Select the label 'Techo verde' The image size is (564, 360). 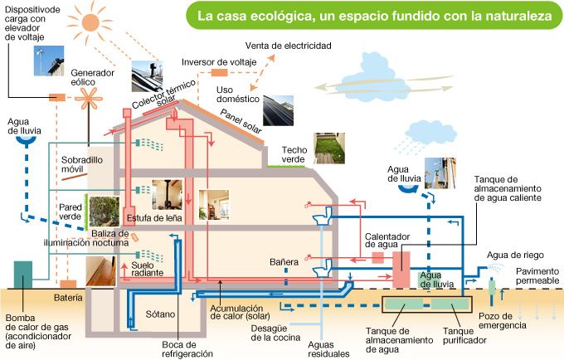[x=294, y=155]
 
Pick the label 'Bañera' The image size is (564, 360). [x=284, y=262]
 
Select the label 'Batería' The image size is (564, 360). [x=68, y=296]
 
